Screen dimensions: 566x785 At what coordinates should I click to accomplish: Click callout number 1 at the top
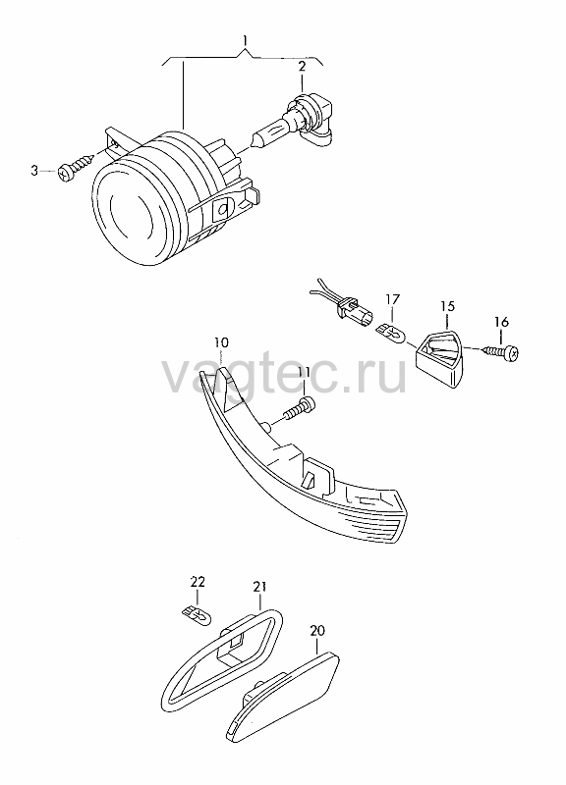click(x=245, y=39)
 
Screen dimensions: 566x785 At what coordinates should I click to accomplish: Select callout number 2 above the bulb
click(x=302, y=66)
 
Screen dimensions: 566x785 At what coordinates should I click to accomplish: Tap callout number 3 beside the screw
click(x=34, y=171)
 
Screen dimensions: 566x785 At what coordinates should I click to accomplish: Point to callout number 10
click(x=221, y=342)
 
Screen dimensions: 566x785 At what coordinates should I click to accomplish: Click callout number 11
click(x=304, y=372)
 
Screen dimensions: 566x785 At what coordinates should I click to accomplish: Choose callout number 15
click(x=447, y=306)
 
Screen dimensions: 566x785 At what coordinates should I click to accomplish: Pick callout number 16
click(x=501, y=322)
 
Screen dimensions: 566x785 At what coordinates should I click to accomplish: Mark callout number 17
click(x=392, y=299)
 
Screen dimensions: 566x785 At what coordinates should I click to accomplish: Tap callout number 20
click(x=316, y=630)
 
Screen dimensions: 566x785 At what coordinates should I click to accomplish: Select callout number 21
click(x=259, y=587)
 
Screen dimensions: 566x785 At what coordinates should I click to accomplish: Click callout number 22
click(x=198, y=582)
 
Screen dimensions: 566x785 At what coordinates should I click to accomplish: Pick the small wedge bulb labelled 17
click(x=391, y=331)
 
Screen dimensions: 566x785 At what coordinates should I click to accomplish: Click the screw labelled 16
click(x=502, y=352)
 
